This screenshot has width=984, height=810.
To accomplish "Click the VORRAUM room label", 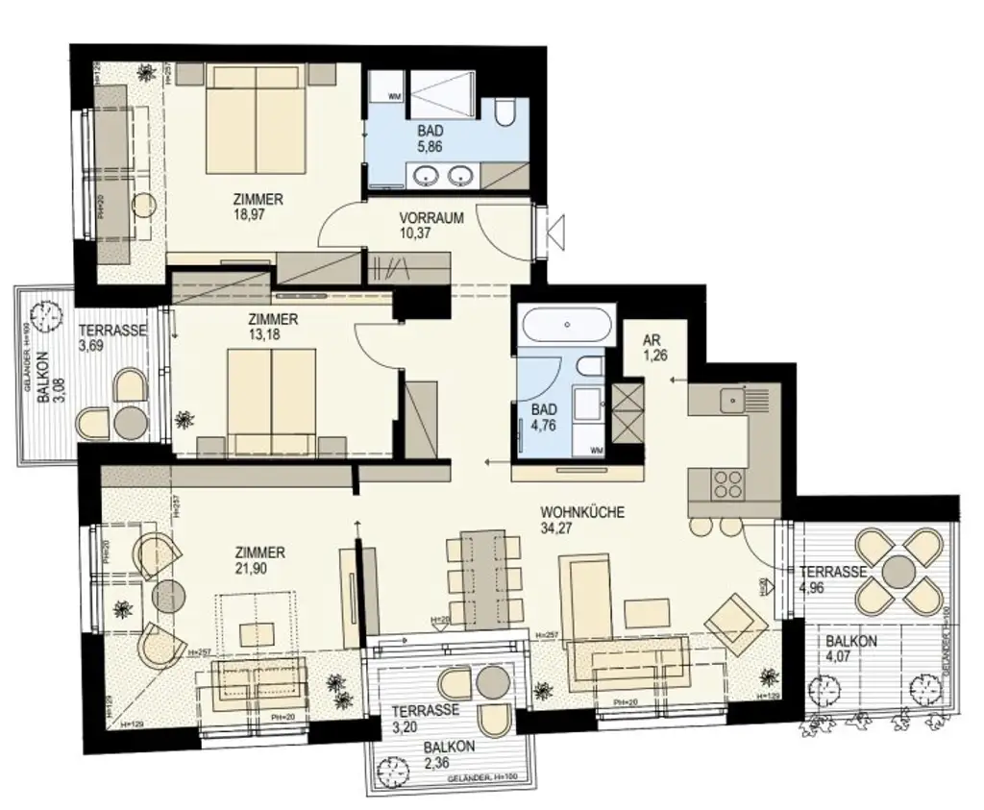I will (431, 218).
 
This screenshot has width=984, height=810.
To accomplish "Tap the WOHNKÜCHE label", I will (582, 513).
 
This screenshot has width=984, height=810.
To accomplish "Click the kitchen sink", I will (734, 395).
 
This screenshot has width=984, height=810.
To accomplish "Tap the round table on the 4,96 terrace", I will (900, 570).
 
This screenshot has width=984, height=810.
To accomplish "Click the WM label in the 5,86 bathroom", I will (394, 96).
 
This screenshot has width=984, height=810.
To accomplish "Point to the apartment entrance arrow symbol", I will (555, 232).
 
